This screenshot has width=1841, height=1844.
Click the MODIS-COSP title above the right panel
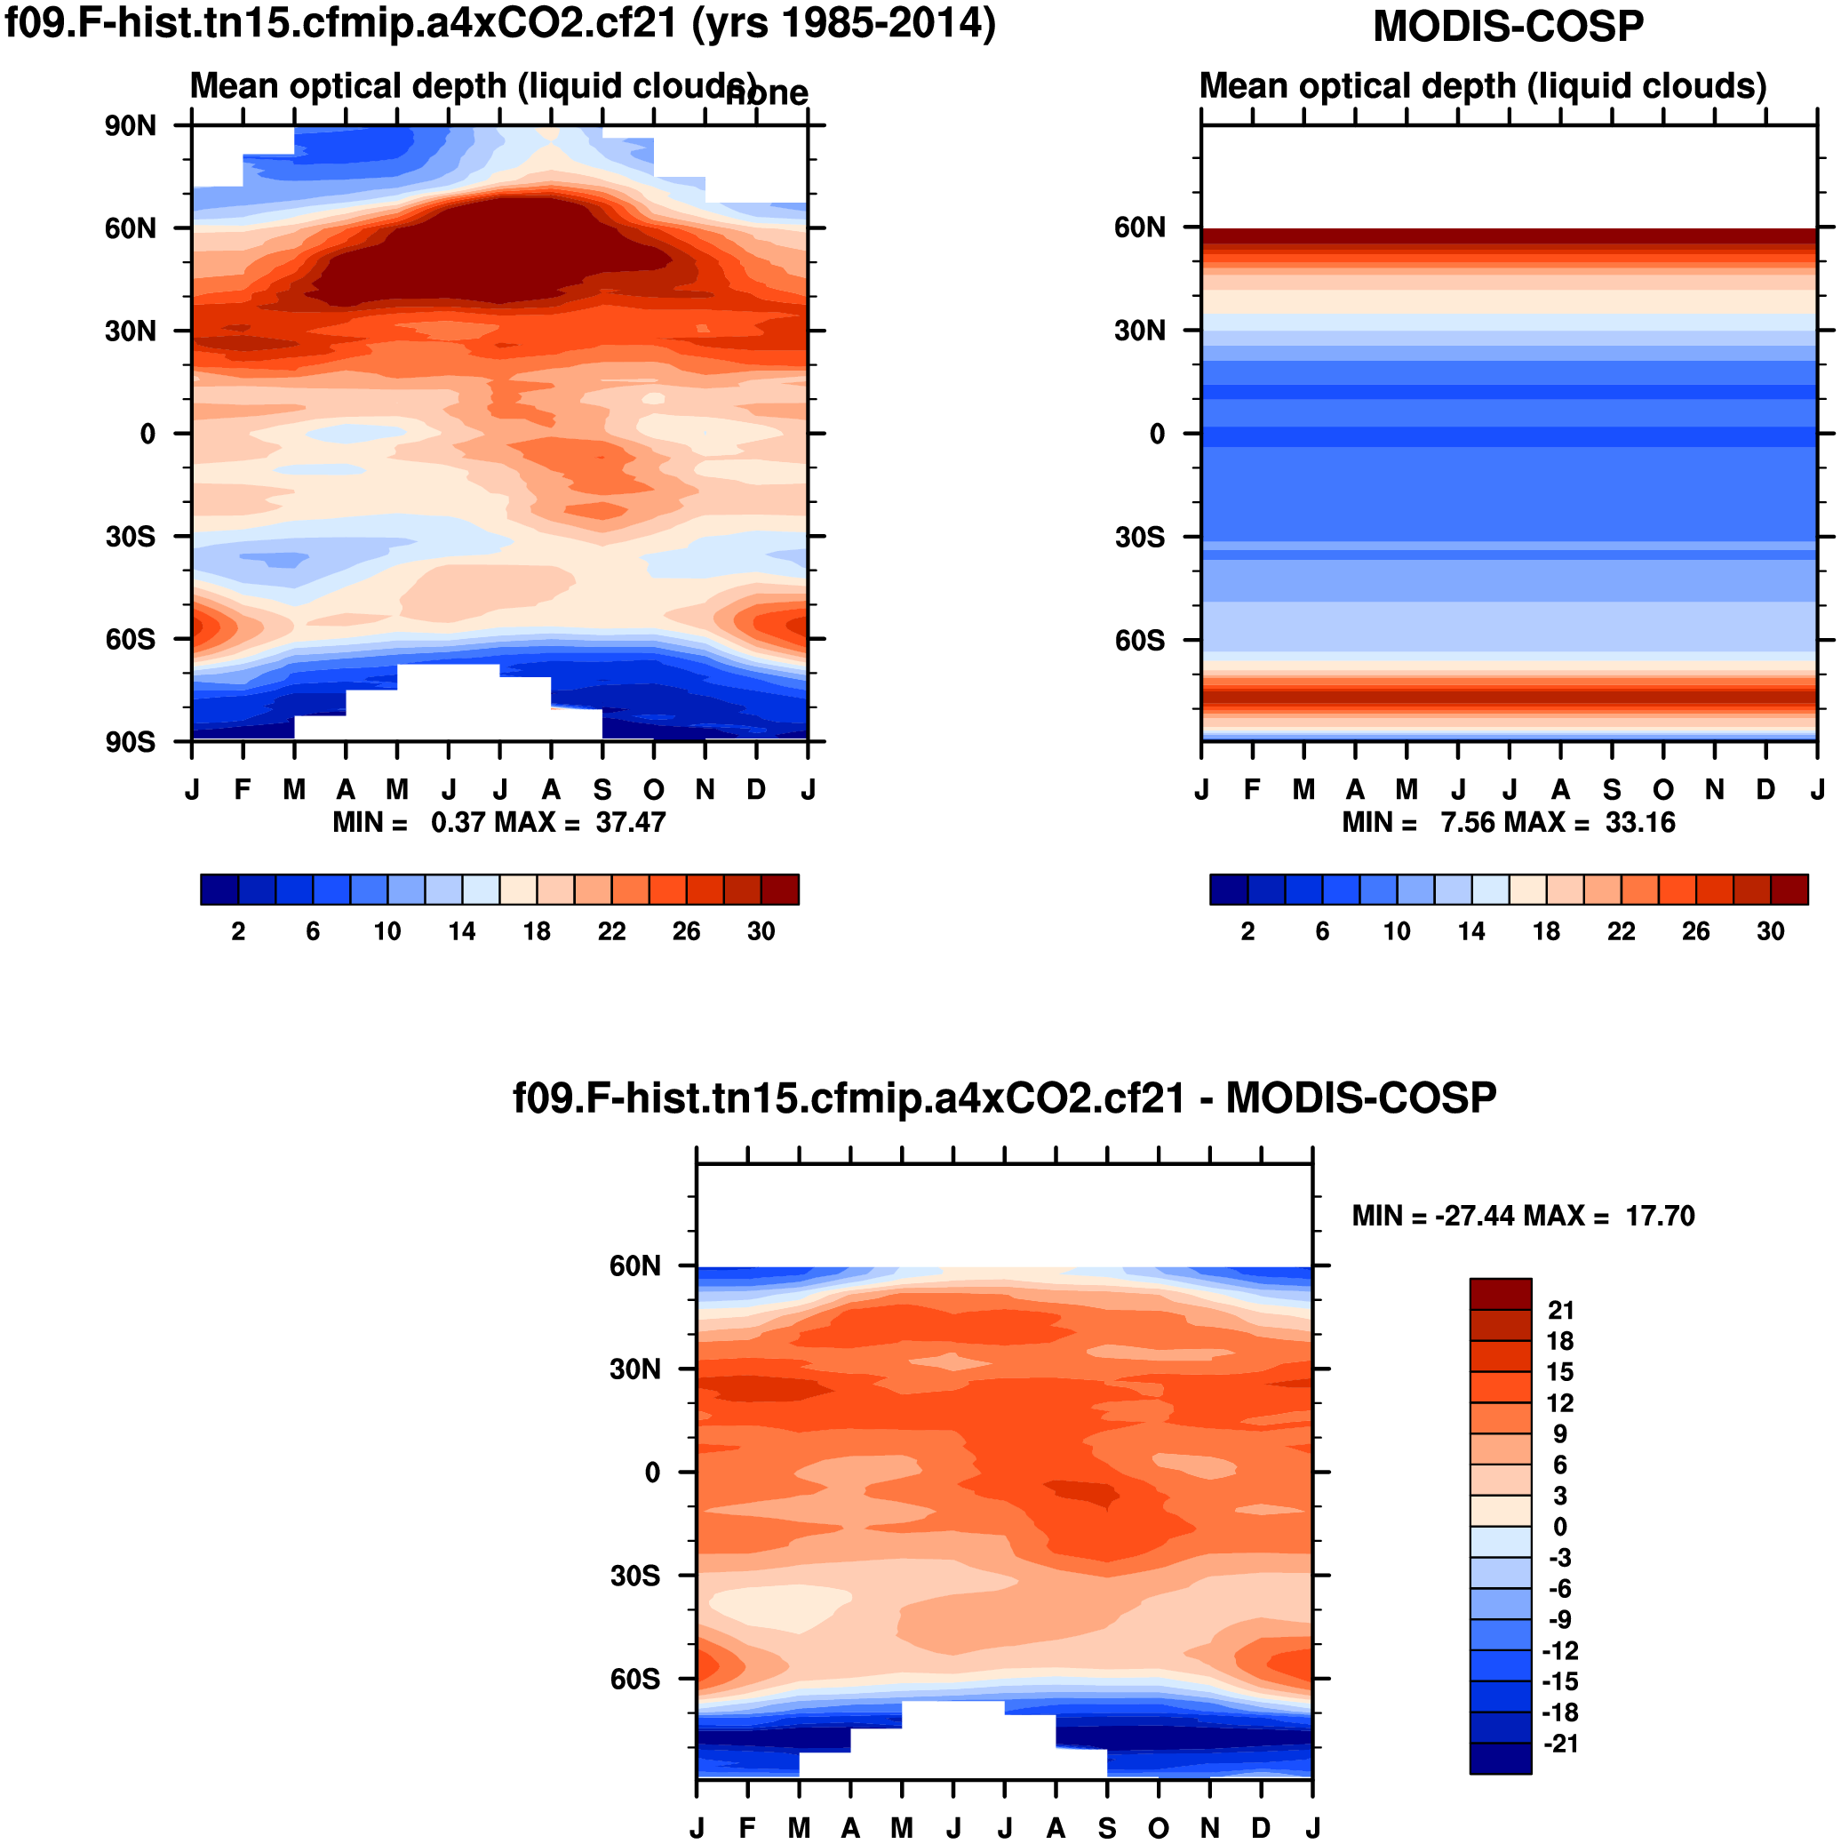[x=1507, y=27]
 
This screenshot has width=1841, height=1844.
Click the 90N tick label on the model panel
[x=131, y=126]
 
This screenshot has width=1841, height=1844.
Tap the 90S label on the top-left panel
[x=131, y=742]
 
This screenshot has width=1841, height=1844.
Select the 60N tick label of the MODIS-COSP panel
[x=1140, y=228]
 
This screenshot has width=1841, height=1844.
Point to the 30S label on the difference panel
[x=634, y=1575]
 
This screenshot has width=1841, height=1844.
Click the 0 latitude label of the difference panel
[x=652, y=1473]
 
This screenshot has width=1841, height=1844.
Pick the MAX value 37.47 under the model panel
[x=630, y=823]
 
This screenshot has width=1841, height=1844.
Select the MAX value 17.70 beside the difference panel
[x=1660, y=1216]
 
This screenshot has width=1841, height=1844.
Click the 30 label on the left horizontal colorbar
[x=761, y=931]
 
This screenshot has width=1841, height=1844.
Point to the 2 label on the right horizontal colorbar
[x=1247, y=931]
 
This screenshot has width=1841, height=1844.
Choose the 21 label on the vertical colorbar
[x=1560, y=1311]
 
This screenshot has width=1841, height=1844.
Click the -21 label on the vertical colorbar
[x=1560, y=1744]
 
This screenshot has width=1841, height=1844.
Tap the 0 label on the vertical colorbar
[x=1560, y=1527]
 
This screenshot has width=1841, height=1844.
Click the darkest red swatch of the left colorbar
[x=780, y=890]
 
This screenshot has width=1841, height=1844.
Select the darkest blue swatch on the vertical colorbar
[x=1501, y=1758]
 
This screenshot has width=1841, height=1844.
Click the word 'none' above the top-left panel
[x=768, y=93]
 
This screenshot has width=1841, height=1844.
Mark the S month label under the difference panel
[x=1107, y=1828]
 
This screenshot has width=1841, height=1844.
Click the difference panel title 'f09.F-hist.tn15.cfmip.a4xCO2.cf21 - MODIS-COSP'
[x=1004, y=1098]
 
